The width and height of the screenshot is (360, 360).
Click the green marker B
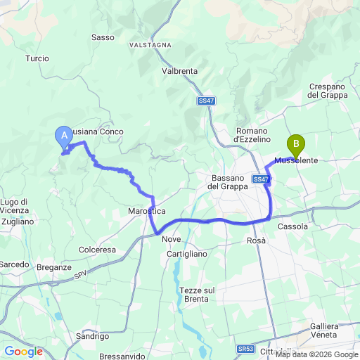(296, 145)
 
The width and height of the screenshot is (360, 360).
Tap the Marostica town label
(147, 210)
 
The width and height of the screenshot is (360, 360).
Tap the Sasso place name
(103, 37)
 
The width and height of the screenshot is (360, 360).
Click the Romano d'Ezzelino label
(251, 135)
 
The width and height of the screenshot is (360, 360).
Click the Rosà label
(257, 240)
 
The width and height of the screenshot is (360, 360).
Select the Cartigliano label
(187, 254)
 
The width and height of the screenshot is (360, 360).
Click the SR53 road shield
(245, 349)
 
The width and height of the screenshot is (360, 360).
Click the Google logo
(23, 351)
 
